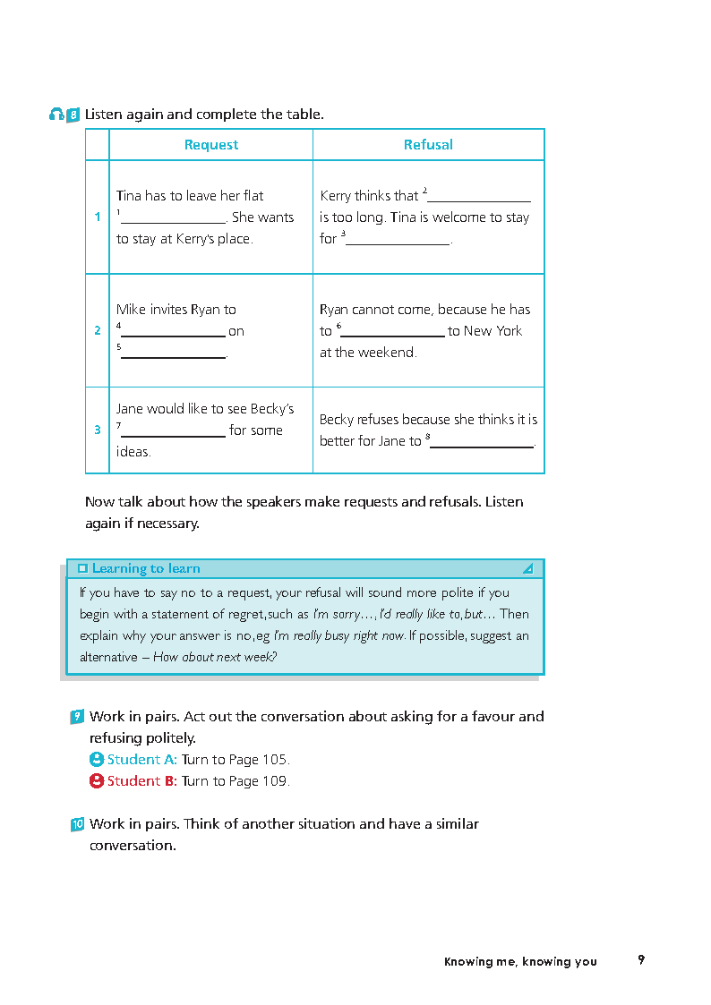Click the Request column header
point(211,145)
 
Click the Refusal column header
point(428,145)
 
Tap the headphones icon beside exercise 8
point(57,115)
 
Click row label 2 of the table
point(98,330)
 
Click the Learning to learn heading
point(146,568)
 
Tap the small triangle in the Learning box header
point(527,568)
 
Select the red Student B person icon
point(97,780)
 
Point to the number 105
point(274,759)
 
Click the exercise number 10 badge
point(78,824)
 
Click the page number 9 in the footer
point(641,960)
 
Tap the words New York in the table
point(493,331)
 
